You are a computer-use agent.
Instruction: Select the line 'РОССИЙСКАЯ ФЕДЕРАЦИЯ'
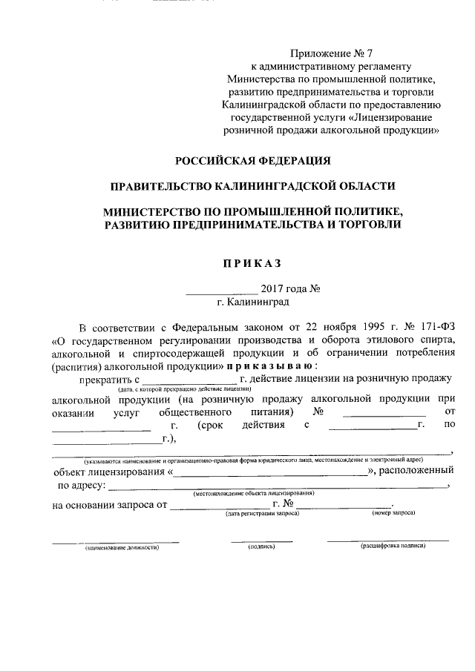tap(252, 160)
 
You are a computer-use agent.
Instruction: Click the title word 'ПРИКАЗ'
tap(252, 262)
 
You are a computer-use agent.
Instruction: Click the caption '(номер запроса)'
tap(393, 513)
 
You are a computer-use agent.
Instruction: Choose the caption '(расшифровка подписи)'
tap(393, 546)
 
